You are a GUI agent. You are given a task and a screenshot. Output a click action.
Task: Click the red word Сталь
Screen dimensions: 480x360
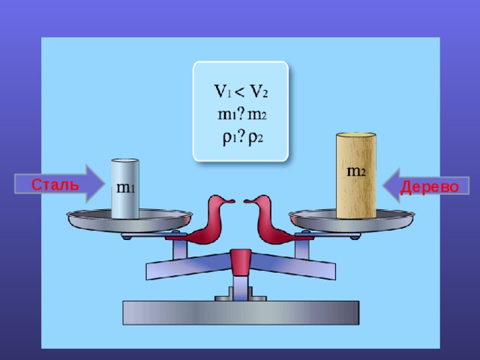coord(55,184)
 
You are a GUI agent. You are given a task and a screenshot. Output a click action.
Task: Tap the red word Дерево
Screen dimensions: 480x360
coord(430,187)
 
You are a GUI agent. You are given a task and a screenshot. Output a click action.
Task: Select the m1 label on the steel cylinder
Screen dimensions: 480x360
coord(125,187)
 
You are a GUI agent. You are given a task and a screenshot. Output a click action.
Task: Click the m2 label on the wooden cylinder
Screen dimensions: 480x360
coord(356,171)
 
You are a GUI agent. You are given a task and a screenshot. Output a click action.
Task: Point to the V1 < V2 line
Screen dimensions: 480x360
coord(241,91)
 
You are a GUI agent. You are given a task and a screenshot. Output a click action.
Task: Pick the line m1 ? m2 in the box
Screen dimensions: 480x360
coord(241,114)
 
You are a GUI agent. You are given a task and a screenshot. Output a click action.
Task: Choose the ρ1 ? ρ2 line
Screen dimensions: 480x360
coord(242,138)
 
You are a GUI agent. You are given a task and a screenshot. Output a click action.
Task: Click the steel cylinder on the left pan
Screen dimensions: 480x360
coord(125,188)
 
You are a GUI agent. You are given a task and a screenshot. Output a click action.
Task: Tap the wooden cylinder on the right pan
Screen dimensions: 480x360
coord(356,175)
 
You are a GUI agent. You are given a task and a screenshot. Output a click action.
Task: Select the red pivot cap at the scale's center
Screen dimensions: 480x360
coord(241,262)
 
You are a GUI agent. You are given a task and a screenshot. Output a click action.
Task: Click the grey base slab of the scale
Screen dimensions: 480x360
coord(241,313)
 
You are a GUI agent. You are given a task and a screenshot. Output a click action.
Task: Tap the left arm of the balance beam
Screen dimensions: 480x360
coord(188,266)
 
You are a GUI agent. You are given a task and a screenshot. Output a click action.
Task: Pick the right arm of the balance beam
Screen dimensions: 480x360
coord(293,266)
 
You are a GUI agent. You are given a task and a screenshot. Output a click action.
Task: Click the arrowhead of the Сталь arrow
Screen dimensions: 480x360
coord(95,184)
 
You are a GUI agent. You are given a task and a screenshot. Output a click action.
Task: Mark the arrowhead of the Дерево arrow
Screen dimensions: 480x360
coord(391,185)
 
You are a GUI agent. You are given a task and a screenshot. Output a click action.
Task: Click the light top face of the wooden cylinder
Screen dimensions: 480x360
coord(356,135)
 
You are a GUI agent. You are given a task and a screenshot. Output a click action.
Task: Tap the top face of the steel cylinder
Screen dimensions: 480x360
coord(125,160)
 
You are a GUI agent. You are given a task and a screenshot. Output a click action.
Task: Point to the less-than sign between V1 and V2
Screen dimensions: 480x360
coord(241,91)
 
